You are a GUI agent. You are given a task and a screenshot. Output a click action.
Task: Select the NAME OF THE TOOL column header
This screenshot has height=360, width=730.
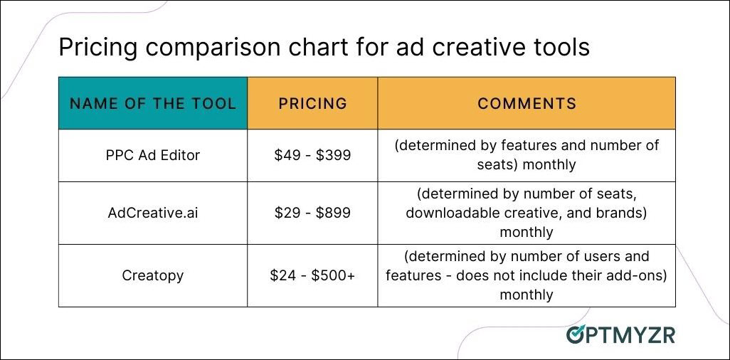pyautogui.click(x=153, y=103)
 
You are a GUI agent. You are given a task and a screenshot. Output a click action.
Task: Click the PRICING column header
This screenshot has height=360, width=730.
pyautogui.click(x=312, y=103)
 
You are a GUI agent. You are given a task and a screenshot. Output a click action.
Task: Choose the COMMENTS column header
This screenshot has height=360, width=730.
pyautogui.click(x=527, y=103)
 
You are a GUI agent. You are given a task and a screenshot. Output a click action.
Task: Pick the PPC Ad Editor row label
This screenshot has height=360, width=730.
pyautogui.click(x=153, y=154)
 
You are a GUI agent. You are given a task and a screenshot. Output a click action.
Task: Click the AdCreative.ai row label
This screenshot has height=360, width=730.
pyautogui.click(x=153, y=212)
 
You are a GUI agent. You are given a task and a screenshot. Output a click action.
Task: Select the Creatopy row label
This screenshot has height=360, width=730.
pyautogui.click(x=153, y=275)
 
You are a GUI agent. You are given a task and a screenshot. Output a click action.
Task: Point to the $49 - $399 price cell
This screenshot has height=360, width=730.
pyautogui.click(x=312, y=155)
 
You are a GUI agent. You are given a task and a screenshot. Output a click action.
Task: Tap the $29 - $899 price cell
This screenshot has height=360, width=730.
pyautogui.click(x=312, y=213)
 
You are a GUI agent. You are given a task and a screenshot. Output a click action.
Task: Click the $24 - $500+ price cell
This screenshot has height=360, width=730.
pyautogui.click(x=312, y=276)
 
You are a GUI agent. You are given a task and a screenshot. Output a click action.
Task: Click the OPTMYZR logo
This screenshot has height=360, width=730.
pyautogui.click(x=620, y=334)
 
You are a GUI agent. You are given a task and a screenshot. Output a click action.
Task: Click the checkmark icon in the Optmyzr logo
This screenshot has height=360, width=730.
pyautogui.click(x=576, y=334)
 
